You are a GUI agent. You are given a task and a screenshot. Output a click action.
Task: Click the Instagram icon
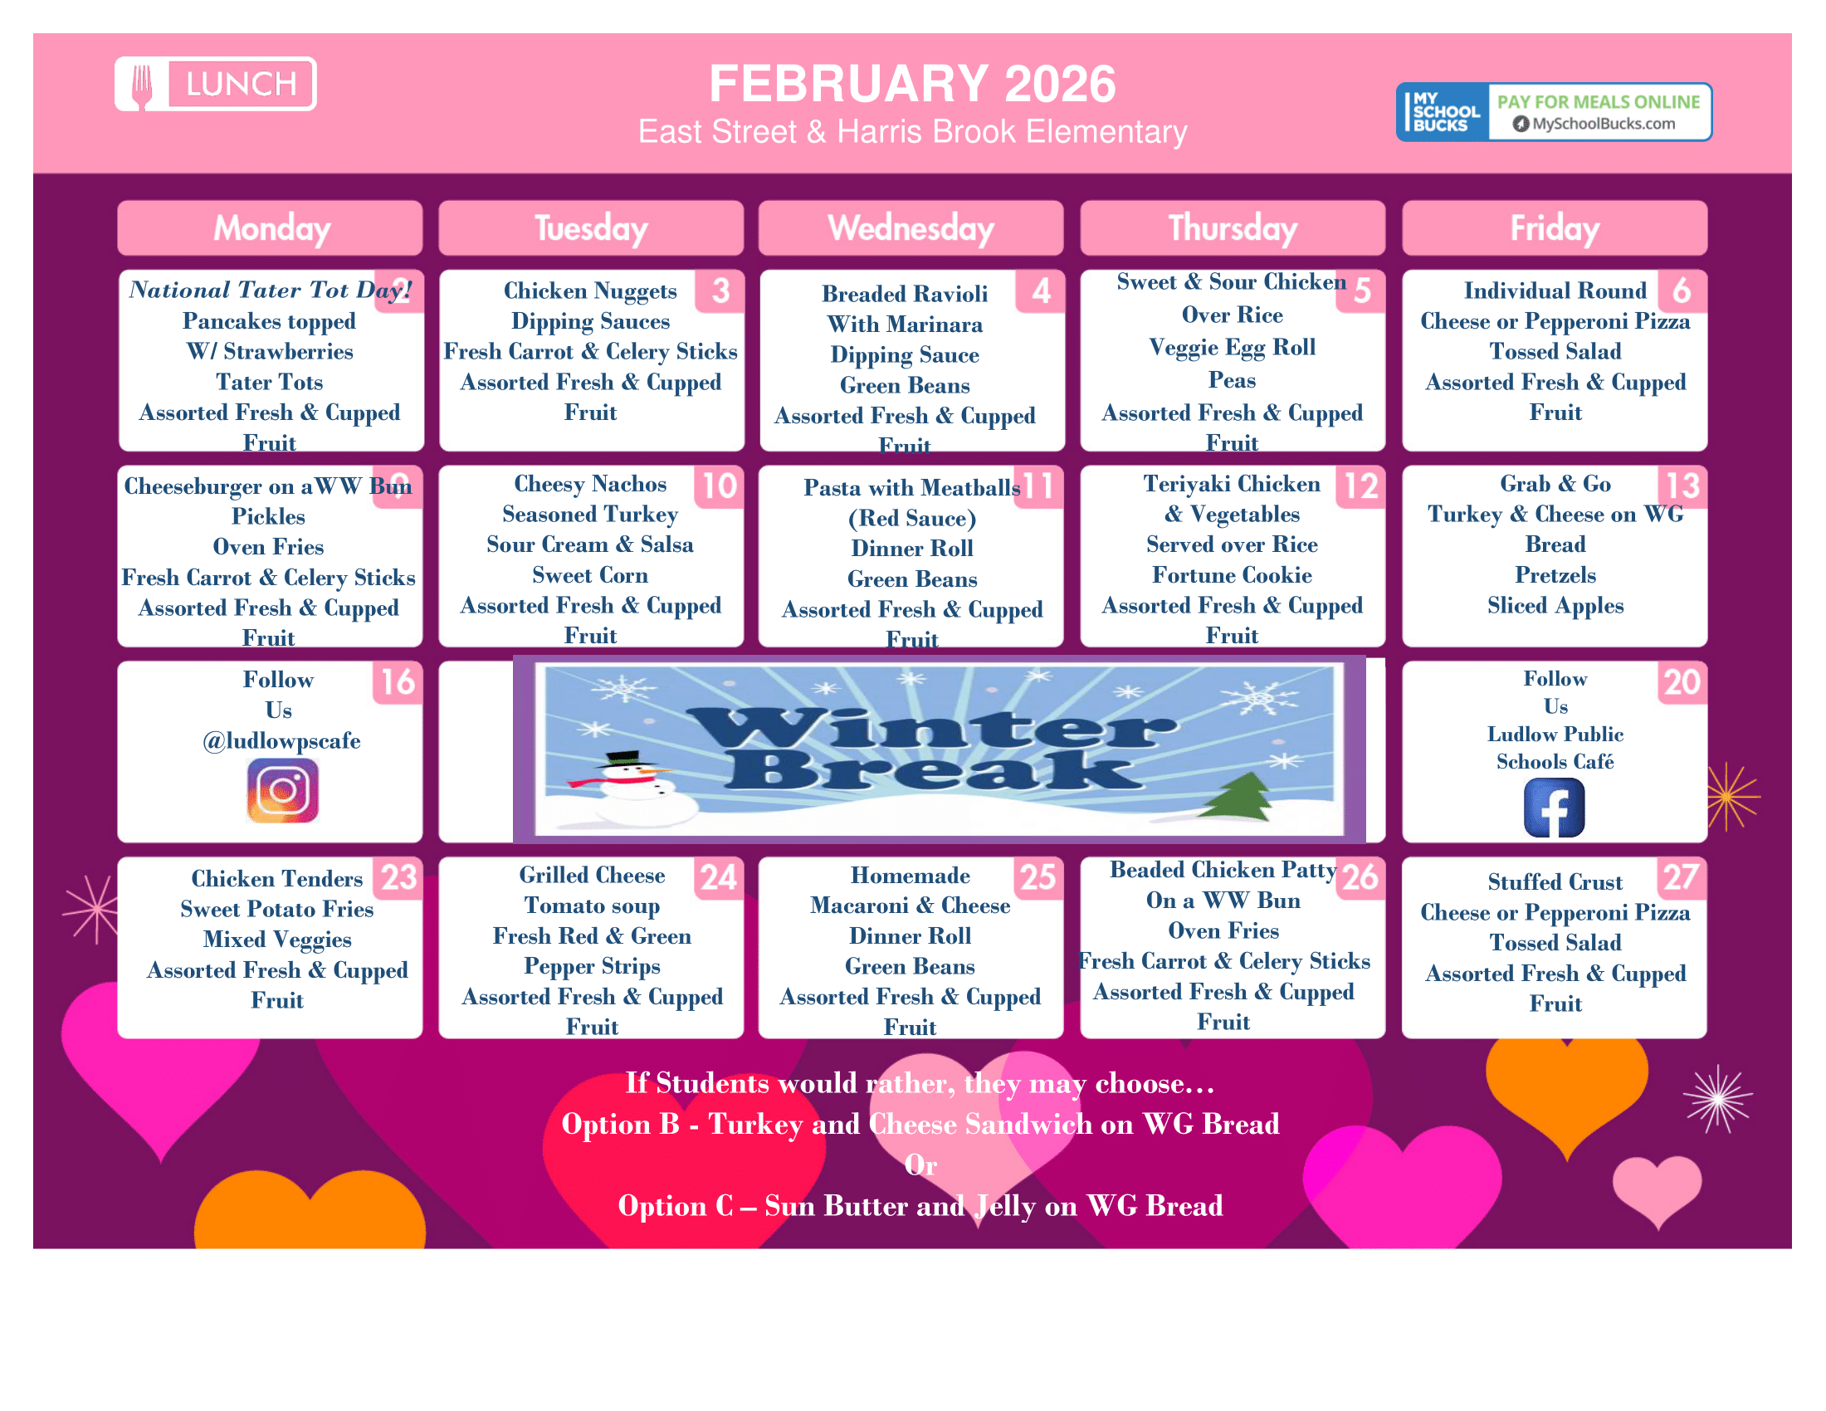pos(282,790)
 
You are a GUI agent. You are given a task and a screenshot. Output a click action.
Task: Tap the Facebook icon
pos(1555,808)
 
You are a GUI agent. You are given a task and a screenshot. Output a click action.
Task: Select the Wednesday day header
pos(911,228)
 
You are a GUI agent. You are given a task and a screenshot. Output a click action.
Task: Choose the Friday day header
pos(1555,228)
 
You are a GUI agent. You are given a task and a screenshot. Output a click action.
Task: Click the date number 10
pos(719,486)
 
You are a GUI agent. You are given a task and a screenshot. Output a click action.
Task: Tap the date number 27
pos(1681,876)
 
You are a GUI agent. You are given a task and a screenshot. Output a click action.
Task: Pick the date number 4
pos(1041,290)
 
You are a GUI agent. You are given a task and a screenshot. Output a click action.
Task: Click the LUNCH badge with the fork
pos(216,84)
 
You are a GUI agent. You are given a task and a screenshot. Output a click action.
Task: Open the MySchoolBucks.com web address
pos(1603,124)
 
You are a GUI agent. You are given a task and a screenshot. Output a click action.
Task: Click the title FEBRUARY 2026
pos(912,84)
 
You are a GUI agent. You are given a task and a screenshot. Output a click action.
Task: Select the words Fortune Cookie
pos(1232,575)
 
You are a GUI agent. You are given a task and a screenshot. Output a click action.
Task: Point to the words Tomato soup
pos(592,906)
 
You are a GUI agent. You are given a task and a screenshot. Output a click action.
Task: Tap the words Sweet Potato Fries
pos(276,909)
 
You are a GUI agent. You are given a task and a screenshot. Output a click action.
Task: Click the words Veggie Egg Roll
pos(1232,347)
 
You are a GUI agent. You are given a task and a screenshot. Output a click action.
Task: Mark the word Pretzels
pos(1555,575)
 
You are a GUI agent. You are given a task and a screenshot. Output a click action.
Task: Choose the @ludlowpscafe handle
pos(281,740)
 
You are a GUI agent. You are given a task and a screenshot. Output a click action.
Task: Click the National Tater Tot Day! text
pos(269,290)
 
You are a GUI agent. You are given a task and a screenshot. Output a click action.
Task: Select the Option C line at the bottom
pos(920,1205)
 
